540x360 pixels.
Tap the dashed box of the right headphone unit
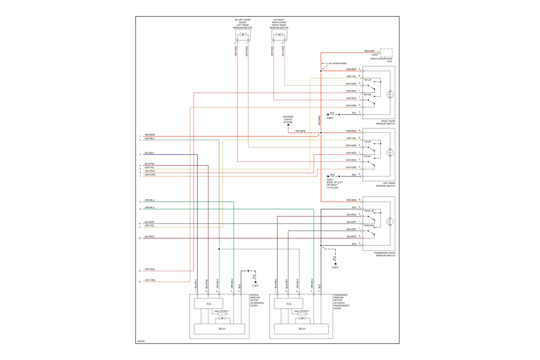tap(386, 52)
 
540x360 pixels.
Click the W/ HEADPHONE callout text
tap(337, 64)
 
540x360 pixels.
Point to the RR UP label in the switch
tap(368, 80)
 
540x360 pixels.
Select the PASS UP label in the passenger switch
tap(369, 210)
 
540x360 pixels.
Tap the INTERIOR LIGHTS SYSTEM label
tap(288, 120)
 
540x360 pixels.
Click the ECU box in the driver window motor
tap(208, 304)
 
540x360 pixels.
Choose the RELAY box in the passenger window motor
tap(302, 329)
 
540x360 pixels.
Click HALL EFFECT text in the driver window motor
tap(221, 311)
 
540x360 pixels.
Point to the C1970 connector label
tap(255, 286)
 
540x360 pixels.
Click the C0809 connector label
tap(330, 118)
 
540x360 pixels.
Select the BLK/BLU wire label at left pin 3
tap(150, 154)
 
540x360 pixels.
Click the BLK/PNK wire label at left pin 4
tap(150, 164)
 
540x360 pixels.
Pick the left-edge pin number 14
tap(139, 282)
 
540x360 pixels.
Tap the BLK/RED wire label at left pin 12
tap(150, 237)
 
